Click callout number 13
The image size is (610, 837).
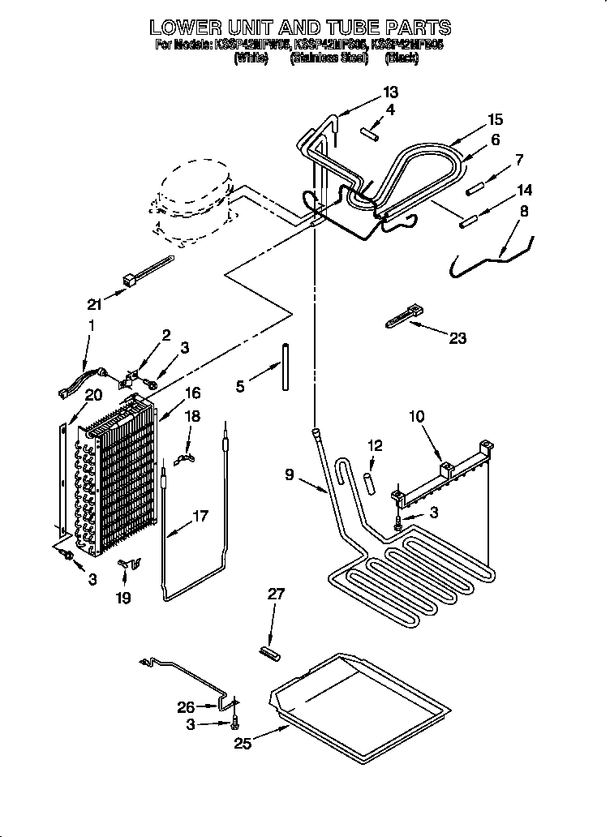[x=390, y=92]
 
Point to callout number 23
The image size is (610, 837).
[x=457, y=338]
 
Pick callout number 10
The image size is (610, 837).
[x=416, y=417]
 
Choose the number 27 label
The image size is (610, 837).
[x=277, y=594]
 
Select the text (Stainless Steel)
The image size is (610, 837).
[x=328, y=59]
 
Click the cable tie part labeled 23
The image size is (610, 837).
[x=403, y=315]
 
